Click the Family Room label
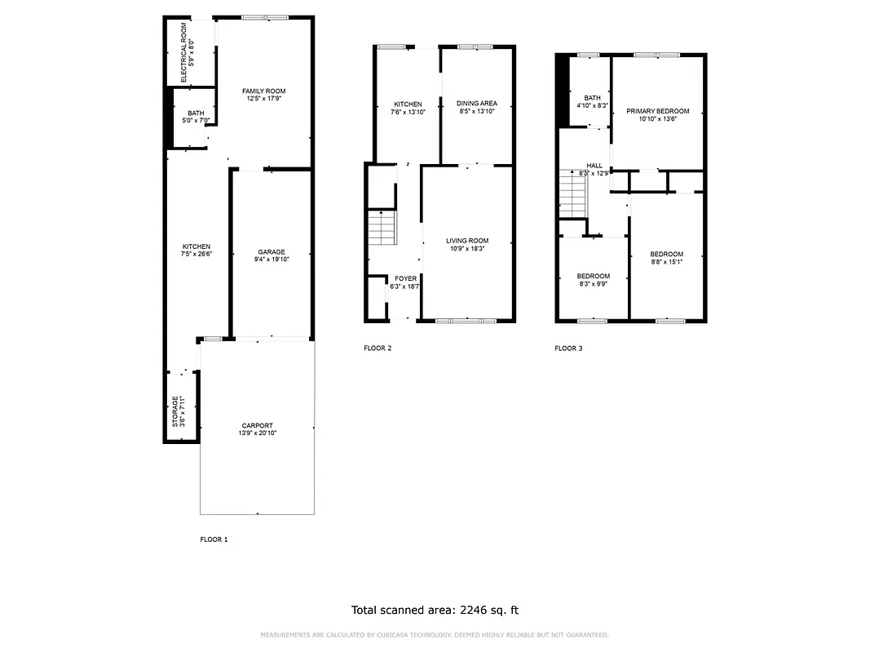(x=263, y=91)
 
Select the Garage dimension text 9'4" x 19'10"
(x=272, y=260)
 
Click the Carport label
(x=257, y=425)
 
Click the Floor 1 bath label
(x=196, y=113)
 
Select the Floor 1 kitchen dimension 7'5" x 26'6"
(x=196, y=254)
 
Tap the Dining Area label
(x=477, y=104)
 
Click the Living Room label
(x=467, y=241)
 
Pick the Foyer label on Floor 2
(x=404, y=278)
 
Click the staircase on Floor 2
(x=382, y=228)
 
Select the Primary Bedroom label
(x=657, y=111)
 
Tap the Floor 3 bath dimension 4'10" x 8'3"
(x=592, y=105)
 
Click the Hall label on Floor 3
(x=594, y=166)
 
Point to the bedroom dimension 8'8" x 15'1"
(x=667, y=262)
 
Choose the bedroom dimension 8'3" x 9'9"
(x=593, y=284)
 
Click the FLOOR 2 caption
(x=378, y=349)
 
